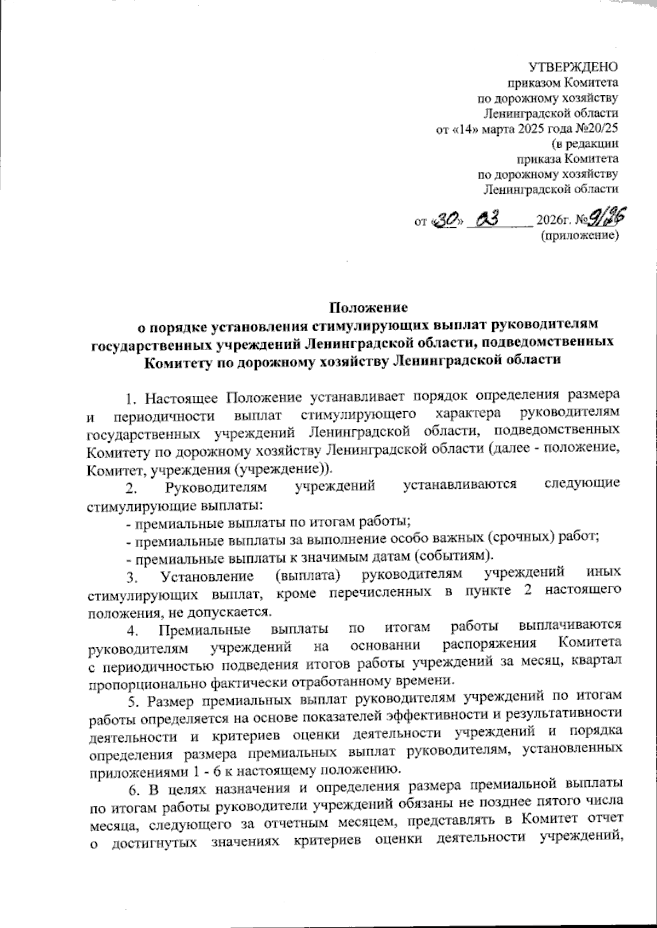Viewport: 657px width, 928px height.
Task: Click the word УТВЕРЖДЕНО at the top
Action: pyautogui.click(x=573, y=68)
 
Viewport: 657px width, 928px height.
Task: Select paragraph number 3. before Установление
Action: pyautogui.click(x=130, y=577)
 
